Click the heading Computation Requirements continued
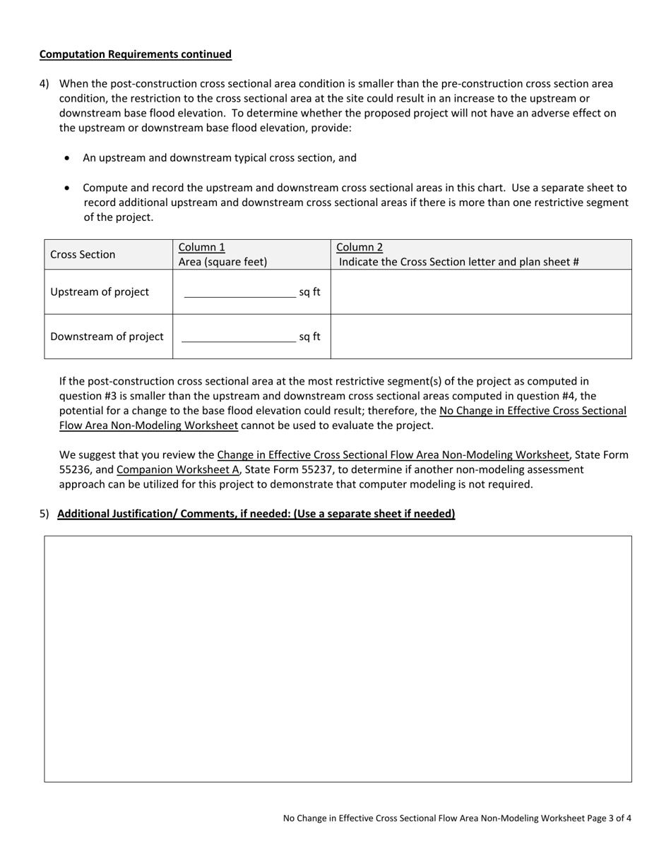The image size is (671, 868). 135,54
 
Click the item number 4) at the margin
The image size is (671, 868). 44,84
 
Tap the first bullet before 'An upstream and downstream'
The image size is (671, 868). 67,158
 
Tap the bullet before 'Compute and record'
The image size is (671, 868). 67,188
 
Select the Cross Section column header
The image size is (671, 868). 83,255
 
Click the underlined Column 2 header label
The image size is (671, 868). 360,247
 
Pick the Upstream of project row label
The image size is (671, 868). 100,292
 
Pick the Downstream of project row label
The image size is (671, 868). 107,337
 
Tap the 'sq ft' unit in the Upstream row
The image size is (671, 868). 309,292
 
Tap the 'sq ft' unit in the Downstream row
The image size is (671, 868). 309,337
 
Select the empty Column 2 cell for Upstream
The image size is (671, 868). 481,292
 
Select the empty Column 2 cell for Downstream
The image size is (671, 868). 481,337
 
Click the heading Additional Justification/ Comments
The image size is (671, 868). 256,514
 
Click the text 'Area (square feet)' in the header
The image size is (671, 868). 222,262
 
